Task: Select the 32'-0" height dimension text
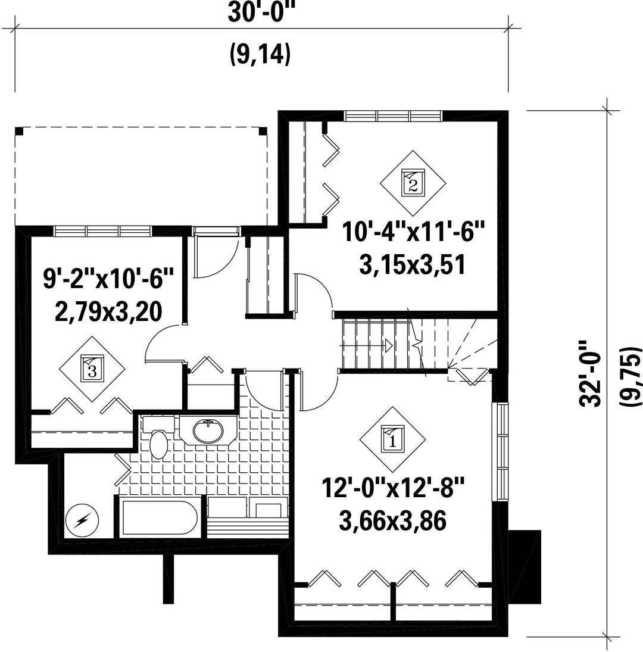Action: coord(590,373)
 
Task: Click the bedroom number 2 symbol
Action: coord(413,183)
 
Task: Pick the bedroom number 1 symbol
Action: coord(392,439)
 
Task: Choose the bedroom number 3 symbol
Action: coord(92,369)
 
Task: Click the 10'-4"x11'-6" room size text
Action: coord(414,232)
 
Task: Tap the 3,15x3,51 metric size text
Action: coord(412,265)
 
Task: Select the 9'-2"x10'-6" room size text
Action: coord(108,279)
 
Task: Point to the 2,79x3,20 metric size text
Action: coord(108,312)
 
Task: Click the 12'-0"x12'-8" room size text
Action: coord(393,488)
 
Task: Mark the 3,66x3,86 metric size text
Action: coord(393,521)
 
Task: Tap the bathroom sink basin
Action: coord(208,430)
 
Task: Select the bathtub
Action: coord(160,517)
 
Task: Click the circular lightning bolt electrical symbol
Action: coord(82,520)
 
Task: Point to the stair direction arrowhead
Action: coord(389,345)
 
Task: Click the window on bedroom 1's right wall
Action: coord(500,452)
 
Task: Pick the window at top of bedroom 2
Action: coord(393,116)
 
